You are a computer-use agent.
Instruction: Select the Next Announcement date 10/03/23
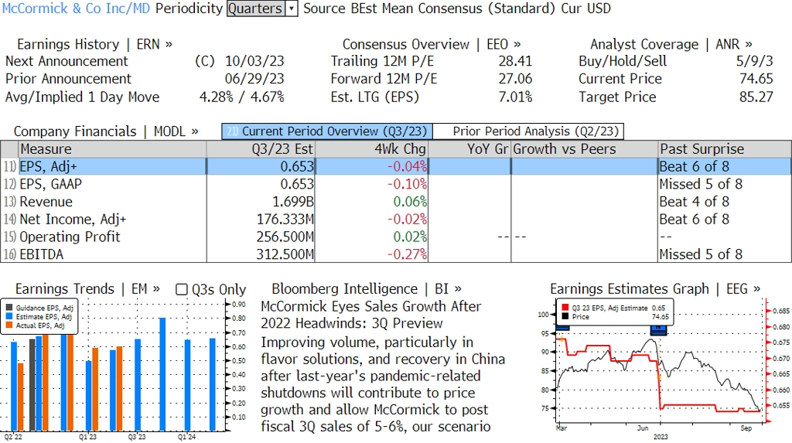pos(254,61)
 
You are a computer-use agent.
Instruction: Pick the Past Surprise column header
pos(702,149)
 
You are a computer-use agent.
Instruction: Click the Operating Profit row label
pos(70,237)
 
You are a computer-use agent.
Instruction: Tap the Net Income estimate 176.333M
pos(285,220)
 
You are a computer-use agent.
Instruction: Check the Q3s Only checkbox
pos(182,289)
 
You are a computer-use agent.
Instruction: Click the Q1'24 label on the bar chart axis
pos(186,437)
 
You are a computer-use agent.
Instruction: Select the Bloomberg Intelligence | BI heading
pos(367,288)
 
